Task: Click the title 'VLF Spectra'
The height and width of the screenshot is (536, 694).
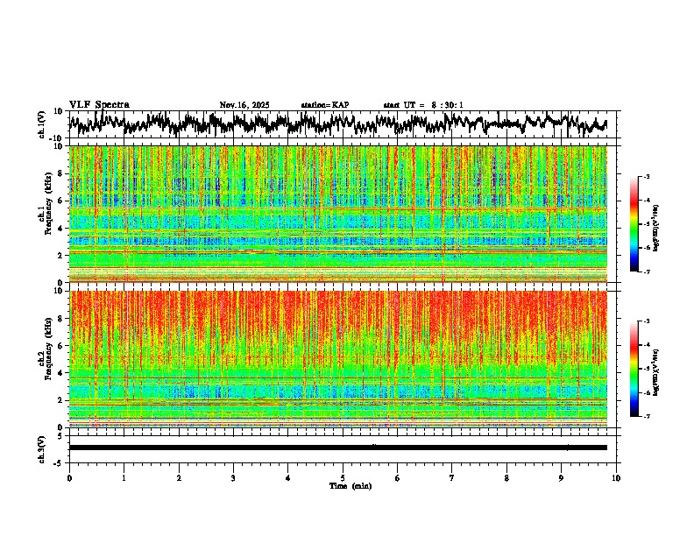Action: (99, 104)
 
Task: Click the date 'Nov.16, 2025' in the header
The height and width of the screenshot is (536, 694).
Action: (244, 105)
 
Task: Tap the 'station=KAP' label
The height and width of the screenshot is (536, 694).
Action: (325, 105)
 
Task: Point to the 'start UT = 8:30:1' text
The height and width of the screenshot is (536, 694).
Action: (423, 105)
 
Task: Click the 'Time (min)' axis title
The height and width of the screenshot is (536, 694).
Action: (350, 485)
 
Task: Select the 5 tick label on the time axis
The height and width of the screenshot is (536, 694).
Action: (343, 477)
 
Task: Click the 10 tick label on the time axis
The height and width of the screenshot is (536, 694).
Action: (616, 477)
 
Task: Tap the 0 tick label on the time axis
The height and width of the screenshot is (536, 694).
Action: (69, 477)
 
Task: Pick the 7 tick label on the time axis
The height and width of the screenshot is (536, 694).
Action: (452, 477)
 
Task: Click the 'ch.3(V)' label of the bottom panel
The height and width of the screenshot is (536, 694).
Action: (42, 448)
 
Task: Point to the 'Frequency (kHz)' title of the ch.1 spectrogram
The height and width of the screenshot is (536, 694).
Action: (46, 212)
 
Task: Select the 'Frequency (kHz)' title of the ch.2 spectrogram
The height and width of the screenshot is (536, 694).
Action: (46, 356)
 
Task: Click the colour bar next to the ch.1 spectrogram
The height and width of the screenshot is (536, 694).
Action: (634, 224)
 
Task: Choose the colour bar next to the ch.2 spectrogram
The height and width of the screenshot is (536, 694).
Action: (634, 368)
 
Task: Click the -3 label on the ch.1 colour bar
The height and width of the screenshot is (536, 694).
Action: (646, 177)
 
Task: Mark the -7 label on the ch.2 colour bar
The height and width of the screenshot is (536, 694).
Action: (646, 416)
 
